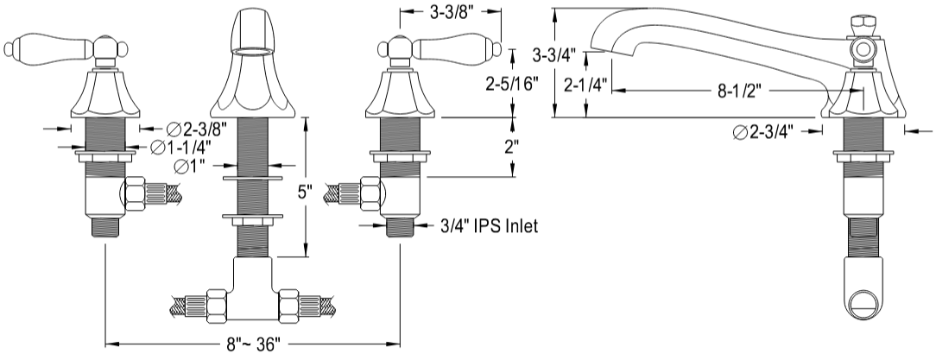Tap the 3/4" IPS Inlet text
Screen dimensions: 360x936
coord(489,227)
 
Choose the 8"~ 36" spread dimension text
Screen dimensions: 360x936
coord(250,344)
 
